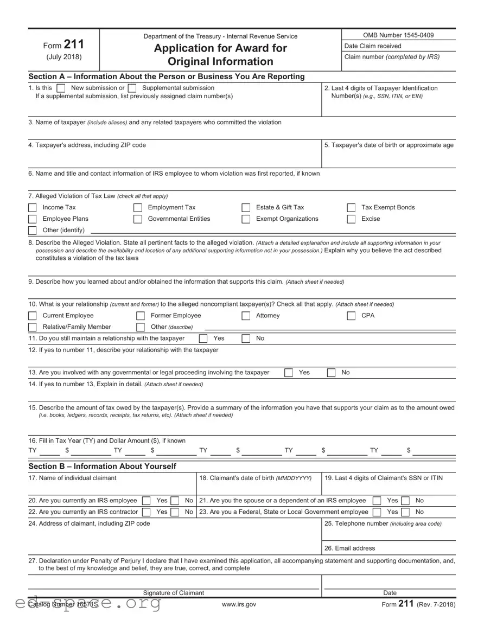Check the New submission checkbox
point(61,88)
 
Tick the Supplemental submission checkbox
point(132,88)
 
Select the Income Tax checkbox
point(33,208)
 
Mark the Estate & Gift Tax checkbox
point(246,208)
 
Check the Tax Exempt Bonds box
point(351,208)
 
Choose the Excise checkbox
point(351,219)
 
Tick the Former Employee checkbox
point(141,316)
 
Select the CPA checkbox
point(351,316)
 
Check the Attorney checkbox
point(246,316)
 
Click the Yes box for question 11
point(203,338)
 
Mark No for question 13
point(331,373)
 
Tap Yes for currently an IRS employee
point(146,501)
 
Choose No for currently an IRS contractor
point(175,512)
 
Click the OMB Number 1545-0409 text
point(398,35)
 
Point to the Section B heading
point(102,467)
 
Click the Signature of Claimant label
point(173,593)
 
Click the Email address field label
point(349,548)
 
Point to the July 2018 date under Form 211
point(65,57)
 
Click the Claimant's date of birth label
point(255,478)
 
